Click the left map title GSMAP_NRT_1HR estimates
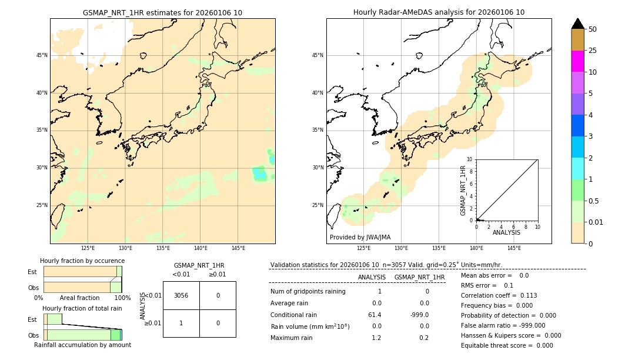tap(162, 12)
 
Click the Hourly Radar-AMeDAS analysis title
tap(439, 12)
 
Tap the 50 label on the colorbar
tap(593, 29)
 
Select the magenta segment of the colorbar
tap(577, 61)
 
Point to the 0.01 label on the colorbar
tap(596, 222)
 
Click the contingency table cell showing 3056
tap(181, 295)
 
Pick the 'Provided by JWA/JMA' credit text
tap(360, 237)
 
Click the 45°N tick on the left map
tap(42, 55)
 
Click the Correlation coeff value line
tap(499, 295)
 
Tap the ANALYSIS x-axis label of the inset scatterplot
tap(506, 232)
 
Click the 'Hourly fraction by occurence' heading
tap(82, 261)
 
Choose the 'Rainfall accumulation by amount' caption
tap(82, 345)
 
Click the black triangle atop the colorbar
tap(577, 24)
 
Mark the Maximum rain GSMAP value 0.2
tap(423, 338)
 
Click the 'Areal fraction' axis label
tap(79, 298)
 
